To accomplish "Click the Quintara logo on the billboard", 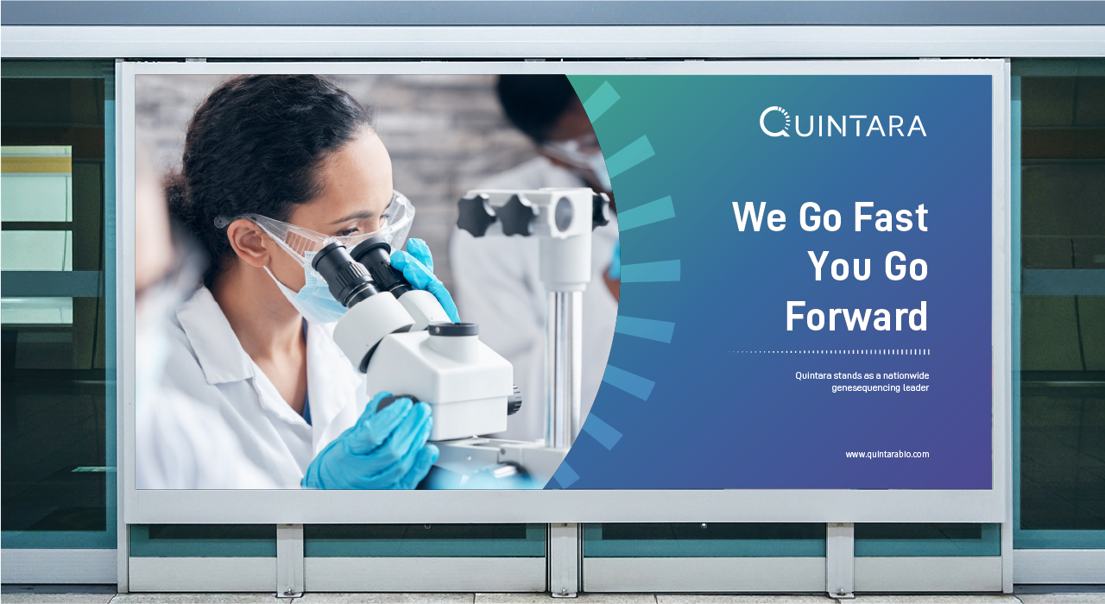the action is pos(843,122).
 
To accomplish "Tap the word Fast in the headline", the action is pos(891,217).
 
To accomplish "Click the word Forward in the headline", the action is pos(857,316).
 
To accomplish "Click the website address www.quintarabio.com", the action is pos(887,454).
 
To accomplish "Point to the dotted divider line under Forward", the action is pos(829,352).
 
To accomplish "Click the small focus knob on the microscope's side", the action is pos(514,400).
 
